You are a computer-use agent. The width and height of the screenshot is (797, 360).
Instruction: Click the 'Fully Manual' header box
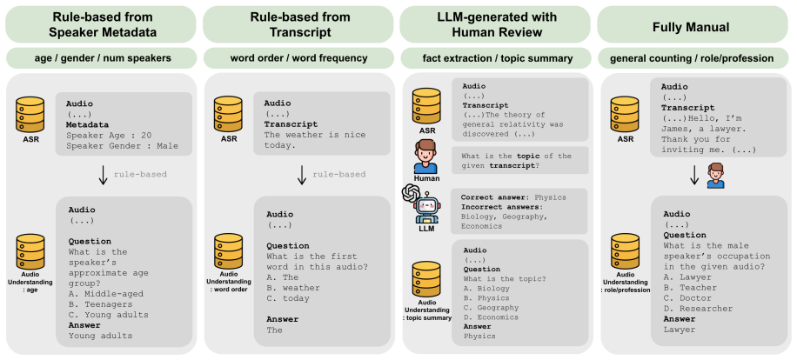(692, 24)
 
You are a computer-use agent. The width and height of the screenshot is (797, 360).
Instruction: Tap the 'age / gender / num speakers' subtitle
(101, 58)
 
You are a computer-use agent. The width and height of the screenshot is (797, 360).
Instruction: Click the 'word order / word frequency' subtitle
(298, 58)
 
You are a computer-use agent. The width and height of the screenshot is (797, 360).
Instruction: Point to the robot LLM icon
(426, 207)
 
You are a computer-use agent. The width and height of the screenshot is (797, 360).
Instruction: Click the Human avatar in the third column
(425, 157)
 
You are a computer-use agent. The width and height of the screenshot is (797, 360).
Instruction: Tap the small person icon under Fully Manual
(716, 176)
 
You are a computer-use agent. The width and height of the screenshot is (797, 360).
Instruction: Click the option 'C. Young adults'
(108, 315)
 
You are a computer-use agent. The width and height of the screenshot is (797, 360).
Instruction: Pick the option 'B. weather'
(293, 288)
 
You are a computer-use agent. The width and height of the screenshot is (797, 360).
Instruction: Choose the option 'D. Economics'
(491, 317)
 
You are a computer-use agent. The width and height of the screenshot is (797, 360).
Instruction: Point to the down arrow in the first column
(103, 175)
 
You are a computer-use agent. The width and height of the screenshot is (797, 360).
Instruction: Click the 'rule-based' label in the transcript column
(339, 175)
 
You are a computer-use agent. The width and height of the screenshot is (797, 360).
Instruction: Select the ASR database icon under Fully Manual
(624, 113)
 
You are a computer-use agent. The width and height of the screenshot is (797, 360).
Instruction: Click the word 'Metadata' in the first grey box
(87, 124)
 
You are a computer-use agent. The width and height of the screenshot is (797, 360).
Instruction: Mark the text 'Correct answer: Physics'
(513, 197)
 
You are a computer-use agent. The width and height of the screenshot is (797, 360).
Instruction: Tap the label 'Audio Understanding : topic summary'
(427, 310)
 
